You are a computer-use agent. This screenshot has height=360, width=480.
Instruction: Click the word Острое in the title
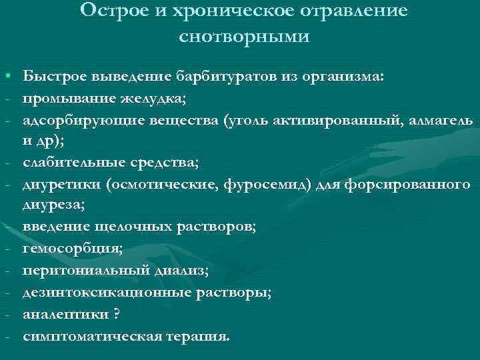[110, 11]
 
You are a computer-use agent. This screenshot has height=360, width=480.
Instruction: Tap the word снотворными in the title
[245, 36]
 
